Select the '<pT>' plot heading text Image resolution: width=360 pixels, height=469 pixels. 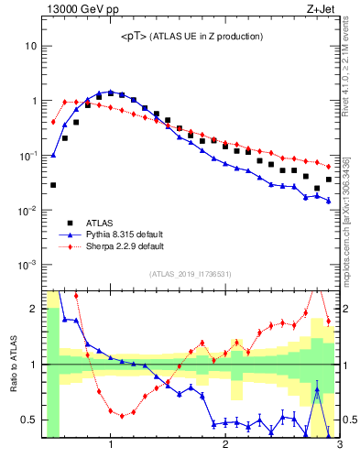click(x=191, y=36)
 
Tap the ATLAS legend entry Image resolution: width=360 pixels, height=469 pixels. click(x=100, y=223)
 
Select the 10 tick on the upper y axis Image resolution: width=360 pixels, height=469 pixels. click(x=30, y=46)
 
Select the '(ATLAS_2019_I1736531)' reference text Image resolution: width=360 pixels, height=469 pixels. click(x=191, y=274)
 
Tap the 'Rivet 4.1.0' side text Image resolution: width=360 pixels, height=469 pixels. click(x=352, y=64)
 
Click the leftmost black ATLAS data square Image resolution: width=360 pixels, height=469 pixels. click(x=53, y=185)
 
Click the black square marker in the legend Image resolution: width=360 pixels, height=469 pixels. click(x=71, y=223)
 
